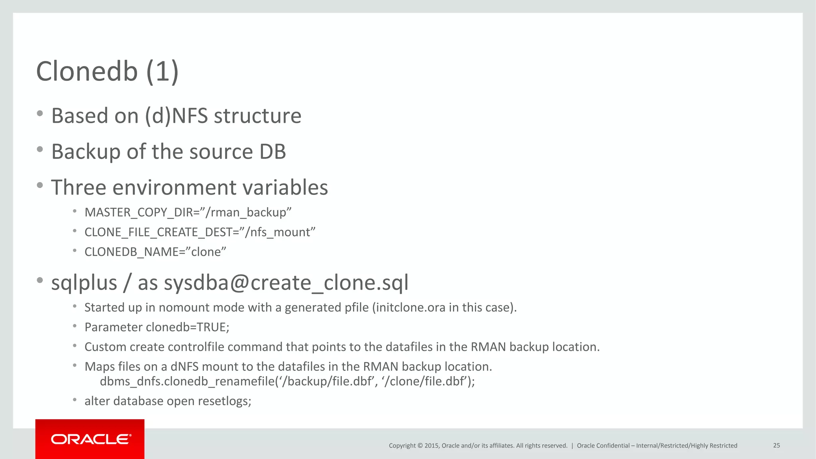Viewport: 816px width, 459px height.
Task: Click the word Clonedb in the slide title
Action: coord(87,72)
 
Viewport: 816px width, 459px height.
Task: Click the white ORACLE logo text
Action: coord(91,439)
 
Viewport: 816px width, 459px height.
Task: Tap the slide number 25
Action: coord(776,445)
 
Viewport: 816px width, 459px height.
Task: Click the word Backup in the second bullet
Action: coord(85,152)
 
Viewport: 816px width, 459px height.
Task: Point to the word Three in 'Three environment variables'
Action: coord(78,188)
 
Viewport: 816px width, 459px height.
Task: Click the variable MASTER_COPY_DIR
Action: coord(139,212)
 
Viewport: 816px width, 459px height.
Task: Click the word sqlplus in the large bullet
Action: coord(84,283)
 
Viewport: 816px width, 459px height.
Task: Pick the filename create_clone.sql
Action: coord(329,283)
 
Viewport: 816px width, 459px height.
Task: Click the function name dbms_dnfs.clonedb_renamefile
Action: coord(187,382)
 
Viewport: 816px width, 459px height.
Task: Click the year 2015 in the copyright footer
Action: coord(432,445)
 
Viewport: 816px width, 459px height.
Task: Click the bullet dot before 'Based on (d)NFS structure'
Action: coord(39,114)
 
